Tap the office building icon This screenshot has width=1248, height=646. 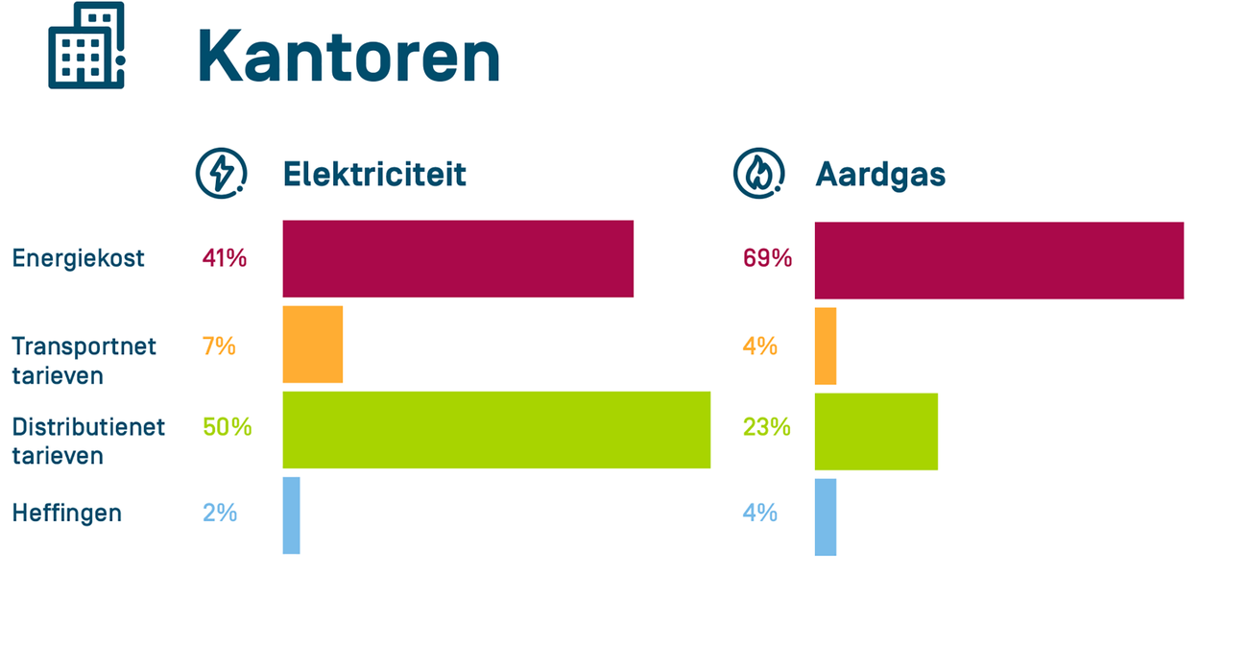[86, 46]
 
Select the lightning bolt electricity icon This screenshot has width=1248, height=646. [221, 173]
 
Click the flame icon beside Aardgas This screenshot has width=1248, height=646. [758, 174]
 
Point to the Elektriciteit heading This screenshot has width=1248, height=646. [374, 174]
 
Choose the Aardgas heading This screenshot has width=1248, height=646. [880, 174]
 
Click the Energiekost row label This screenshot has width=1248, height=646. [78, 258]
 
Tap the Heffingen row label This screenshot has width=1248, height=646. [67, 513]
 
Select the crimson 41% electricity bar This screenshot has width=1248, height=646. [458, 258]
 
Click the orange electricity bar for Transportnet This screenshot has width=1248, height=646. [312, 344]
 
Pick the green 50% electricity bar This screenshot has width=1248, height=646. [496, 429]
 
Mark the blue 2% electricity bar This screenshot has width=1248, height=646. [291, 515]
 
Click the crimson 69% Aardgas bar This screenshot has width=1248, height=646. [998, 260]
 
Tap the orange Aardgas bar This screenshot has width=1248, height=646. [826, 346]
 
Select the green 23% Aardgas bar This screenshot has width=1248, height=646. [876, 431]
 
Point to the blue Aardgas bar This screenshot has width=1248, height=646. [826, 516]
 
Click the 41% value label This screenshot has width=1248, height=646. [225, 258]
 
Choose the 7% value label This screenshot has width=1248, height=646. [219, 346]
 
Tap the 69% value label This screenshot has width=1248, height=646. [767, 258]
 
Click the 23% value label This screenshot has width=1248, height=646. [766, 427]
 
